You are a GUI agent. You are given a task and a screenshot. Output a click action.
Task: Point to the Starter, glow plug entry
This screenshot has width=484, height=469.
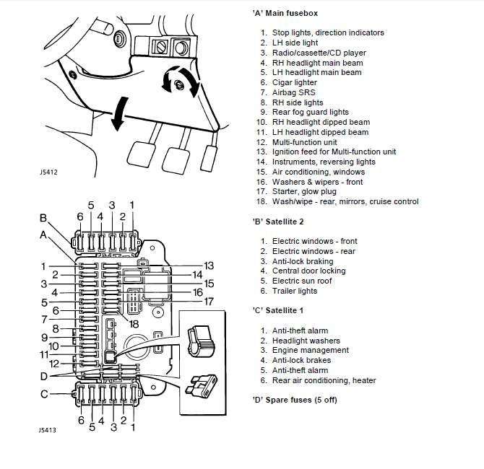[303, 192]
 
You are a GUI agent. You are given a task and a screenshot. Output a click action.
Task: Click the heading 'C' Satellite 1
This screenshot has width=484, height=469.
[269, 311]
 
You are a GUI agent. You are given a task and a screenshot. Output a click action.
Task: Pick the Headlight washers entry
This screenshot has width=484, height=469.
[306, 341]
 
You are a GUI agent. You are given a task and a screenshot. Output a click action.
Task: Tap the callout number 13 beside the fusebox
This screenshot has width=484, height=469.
[209, 266]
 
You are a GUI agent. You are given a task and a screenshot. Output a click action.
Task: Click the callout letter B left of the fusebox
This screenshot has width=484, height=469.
[43, 219]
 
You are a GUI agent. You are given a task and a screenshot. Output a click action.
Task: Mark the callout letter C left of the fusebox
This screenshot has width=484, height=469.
[43, 393]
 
